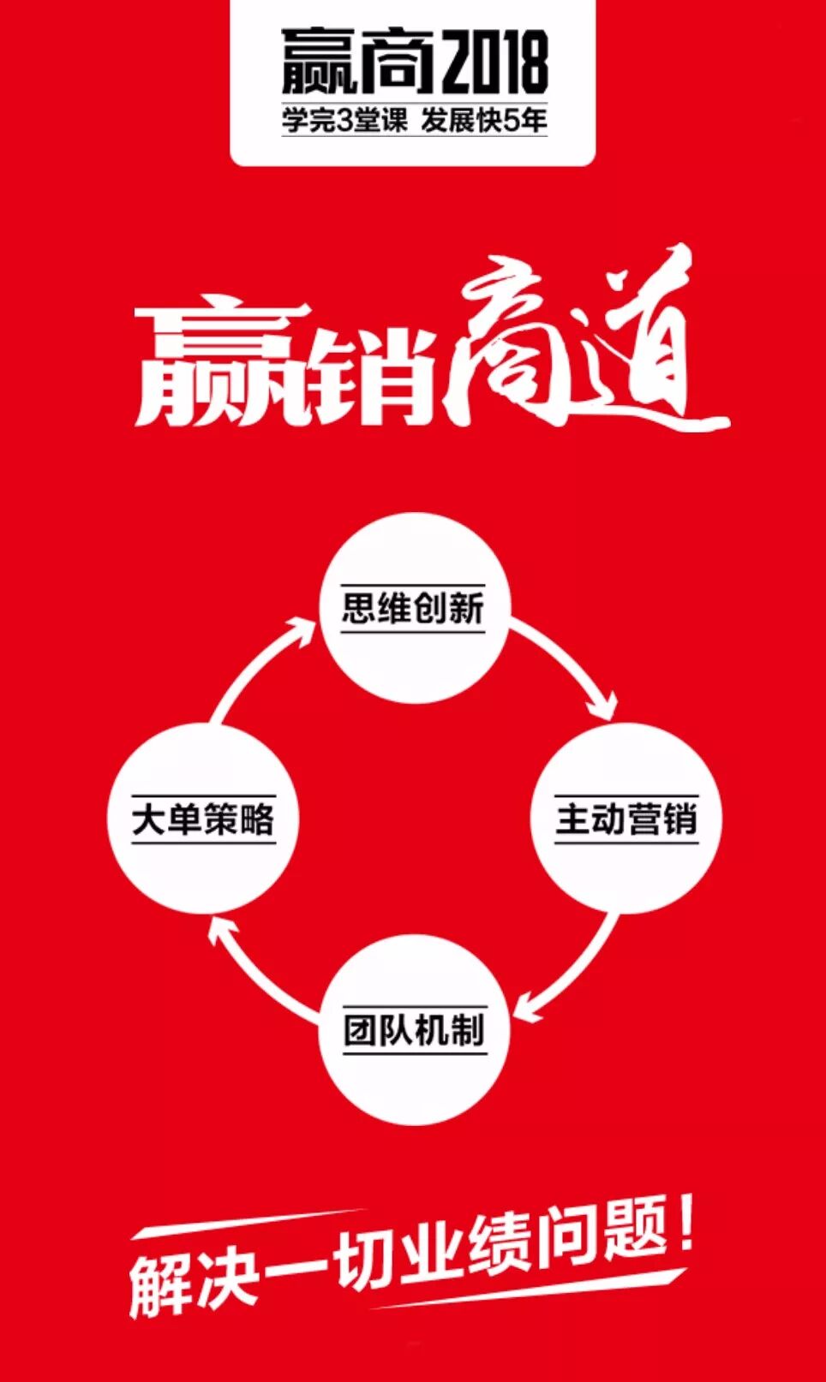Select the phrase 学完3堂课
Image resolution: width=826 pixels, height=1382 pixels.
coord(346,121)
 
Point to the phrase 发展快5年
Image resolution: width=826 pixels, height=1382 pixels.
coord(484,121)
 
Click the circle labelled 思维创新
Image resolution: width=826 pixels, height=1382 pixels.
coord(414,608)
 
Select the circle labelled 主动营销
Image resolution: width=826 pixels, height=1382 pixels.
coord(626,818)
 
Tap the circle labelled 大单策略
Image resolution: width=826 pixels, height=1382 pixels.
coord(203,818)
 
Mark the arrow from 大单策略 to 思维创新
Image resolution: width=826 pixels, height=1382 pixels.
coord(257,667)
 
